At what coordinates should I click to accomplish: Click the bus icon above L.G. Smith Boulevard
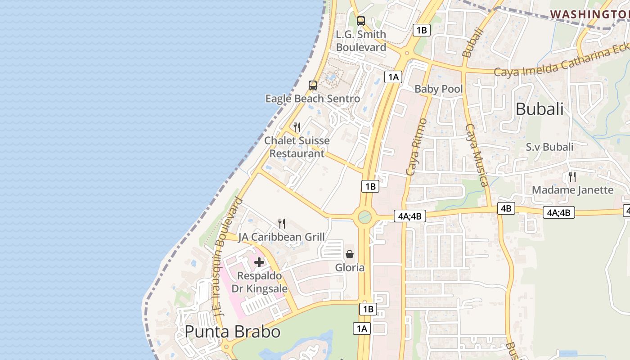click(x=360, y=21)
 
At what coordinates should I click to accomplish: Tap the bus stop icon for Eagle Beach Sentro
click(x=312, y=85)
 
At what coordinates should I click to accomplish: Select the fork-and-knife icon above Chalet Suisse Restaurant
click(x=297, y=127)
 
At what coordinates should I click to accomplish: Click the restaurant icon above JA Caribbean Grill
click(x=282, y=223)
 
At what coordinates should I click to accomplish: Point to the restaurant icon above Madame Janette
click(x=572, y=176)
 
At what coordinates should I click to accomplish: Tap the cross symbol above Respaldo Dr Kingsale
click(x=259, y=262)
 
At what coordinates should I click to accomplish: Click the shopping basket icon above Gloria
click(x=350, y=254)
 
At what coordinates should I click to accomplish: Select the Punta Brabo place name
click(x=233, y=332)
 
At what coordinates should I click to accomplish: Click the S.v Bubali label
click(x=549, y=147)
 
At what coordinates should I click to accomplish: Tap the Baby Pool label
click(x=438, y=89)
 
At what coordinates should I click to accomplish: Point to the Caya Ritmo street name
click(x=416, y=147)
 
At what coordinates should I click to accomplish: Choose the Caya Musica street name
click(x=477, y=155)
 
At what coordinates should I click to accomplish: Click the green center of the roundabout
click(x=364, y=218)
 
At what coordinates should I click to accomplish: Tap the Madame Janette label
click(x=572, y=190)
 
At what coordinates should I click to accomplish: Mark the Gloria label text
click(x=350, y=268)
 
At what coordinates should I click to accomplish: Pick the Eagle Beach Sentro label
click(x=312, y=99)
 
